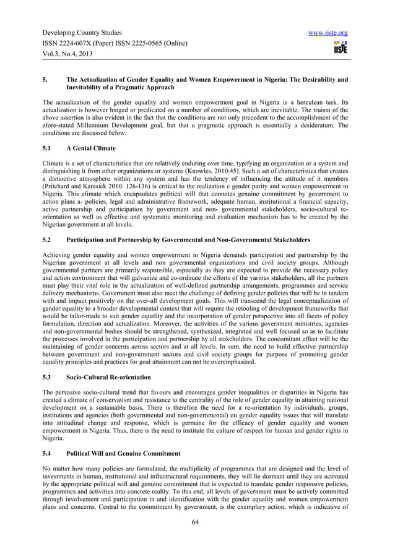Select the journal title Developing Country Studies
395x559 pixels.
pos(82,33)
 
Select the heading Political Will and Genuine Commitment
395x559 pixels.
pos(123,454)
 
